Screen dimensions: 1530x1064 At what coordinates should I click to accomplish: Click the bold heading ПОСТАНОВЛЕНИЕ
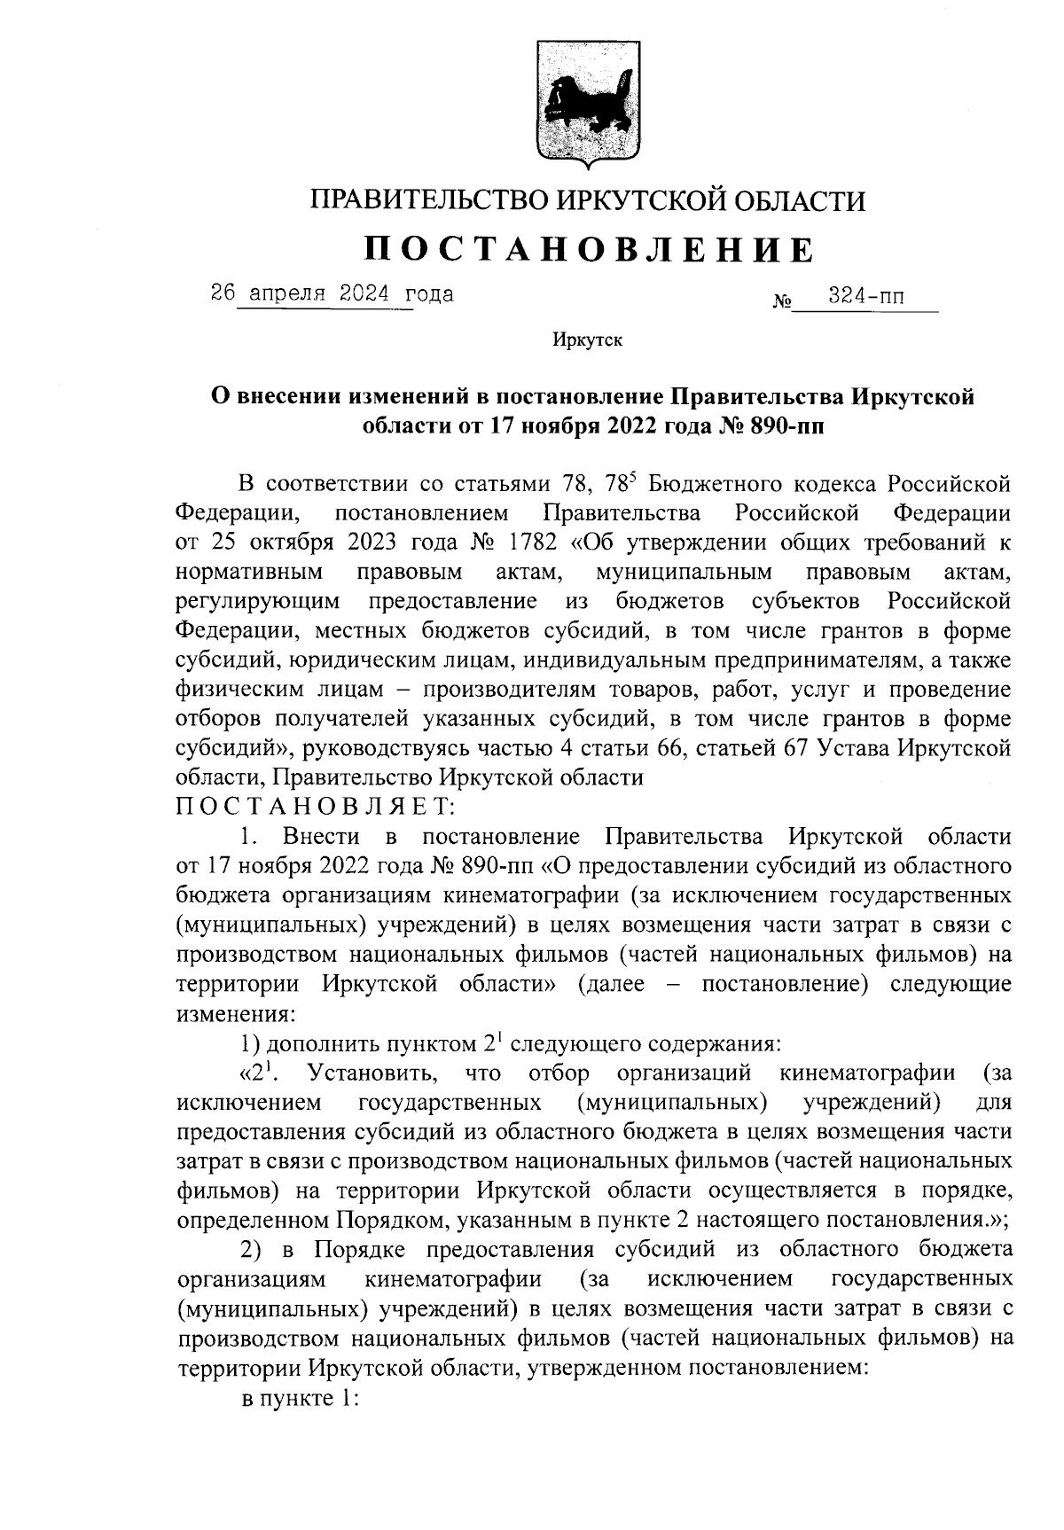[x=589, y=250]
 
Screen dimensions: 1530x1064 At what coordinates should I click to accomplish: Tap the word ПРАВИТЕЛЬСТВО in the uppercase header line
[x=428, y=202]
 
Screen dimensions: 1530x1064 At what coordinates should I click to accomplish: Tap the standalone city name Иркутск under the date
[x=587, y=340]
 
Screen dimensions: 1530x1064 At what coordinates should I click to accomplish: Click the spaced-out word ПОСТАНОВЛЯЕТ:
[x=315, y=807]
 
